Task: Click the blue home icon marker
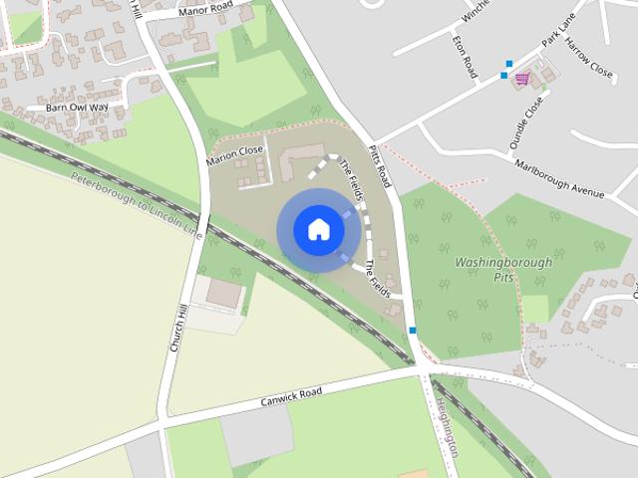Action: point(318,229)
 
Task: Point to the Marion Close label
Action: point(236,155)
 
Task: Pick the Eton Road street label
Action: point(465,59)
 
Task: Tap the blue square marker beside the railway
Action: point(412,331)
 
